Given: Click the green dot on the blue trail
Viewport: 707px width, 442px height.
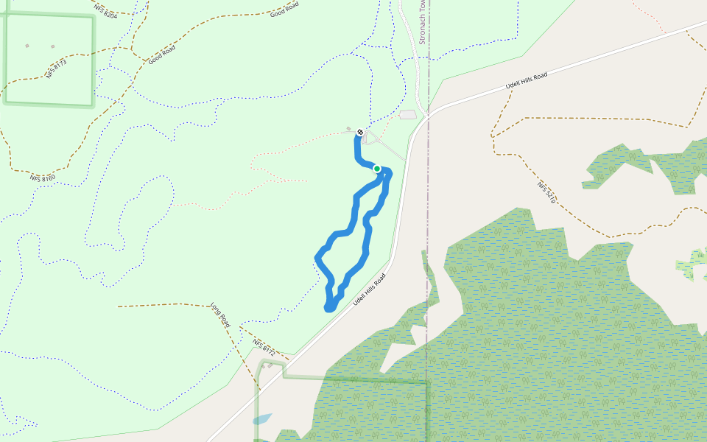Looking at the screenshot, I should (x=377, y=169).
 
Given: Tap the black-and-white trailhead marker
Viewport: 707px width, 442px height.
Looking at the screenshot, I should (x=360, y=133).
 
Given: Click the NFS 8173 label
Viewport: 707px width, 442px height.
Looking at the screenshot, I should (x=56, y=69).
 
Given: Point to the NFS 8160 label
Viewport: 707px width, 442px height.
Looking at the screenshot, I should (x=43, y=178).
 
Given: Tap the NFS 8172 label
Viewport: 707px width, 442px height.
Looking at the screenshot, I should (x=263, y=348).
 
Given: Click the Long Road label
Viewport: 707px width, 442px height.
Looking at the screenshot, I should (x=221, y=315).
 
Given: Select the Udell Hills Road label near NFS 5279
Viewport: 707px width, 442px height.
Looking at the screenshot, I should (x=527, y=81).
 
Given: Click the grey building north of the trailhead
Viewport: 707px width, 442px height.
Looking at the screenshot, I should (x=407, y=114).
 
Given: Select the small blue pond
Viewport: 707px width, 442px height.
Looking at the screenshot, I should (x=261, y=419).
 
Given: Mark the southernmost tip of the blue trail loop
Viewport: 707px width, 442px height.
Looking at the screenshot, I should (x=328, y=309).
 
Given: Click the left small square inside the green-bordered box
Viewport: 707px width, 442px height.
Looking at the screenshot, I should (x=27, y=46).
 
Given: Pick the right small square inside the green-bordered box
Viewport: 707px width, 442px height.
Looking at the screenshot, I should (x=52, y=46).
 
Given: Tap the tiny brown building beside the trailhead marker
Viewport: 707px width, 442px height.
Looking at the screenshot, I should (x=348, y=128).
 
